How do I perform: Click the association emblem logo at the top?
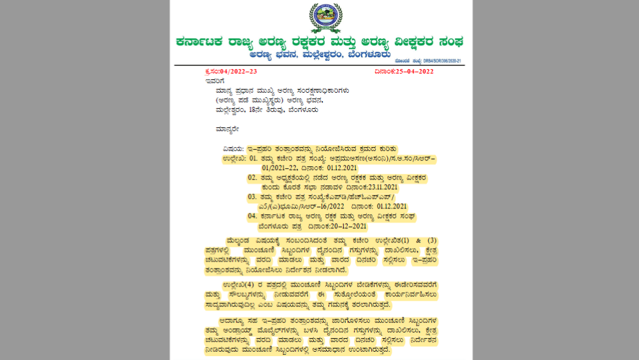(x=325, y=18)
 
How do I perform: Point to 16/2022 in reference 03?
(x=330, y=206)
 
